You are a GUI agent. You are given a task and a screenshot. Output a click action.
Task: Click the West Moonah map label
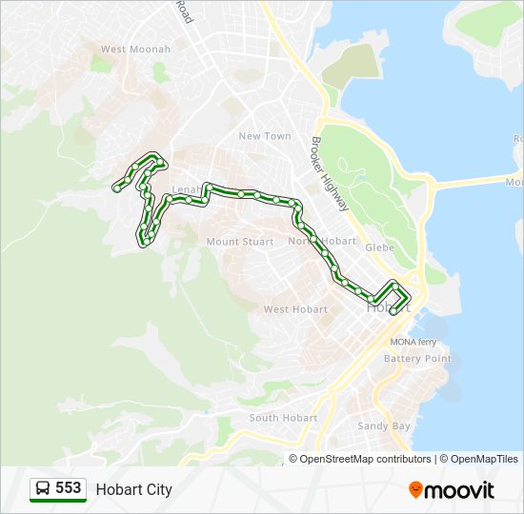135,49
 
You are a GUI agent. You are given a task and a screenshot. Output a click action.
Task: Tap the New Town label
265,136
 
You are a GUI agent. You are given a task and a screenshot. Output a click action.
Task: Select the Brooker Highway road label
330,174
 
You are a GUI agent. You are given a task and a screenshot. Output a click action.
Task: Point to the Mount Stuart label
240,242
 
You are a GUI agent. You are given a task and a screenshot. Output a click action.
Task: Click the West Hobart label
295,309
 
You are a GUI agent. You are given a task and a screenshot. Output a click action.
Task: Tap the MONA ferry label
413,342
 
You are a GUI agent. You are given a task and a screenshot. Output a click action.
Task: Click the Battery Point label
417,359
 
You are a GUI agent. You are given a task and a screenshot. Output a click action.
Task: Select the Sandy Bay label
384,425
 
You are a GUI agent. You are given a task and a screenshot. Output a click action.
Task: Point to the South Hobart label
283,418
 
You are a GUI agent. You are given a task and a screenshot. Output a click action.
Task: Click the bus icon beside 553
43,489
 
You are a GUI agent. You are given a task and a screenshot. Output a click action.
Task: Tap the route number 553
69,488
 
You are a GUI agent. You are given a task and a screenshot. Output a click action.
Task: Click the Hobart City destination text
134,489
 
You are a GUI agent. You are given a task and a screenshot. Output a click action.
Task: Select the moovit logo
452,490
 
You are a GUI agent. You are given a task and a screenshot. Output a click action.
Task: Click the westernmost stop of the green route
116,188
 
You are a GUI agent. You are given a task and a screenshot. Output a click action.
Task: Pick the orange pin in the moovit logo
416,490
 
